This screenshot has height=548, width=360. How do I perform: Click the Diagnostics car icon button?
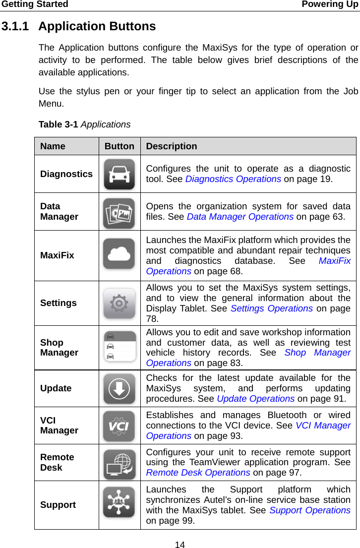pyautogui.click(x=119, y=174)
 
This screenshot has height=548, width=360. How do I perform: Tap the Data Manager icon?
pyautogui.click(x=119, y=213)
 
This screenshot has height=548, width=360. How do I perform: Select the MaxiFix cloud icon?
pyautogui.click(x=119, y=254)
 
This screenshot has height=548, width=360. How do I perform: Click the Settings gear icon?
pyautogui.click(x=119, y=303)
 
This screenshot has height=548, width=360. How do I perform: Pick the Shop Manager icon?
pyautogui.click(x=119, y=346)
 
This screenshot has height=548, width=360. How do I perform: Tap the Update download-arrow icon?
pyautogui.click(x=119, y=389)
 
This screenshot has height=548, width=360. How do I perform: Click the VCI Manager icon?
pyautogui.click(x=119, y=426)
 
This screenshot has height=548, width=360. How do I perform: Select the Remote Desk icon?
pyautogui.click(x=119, y=465)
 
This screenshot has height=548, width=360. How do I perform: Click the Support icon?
pyautogui.click(x=119, y=502)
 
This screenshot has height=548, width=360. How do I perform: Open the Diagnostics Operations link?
pyautogui.click(x=233, y=179)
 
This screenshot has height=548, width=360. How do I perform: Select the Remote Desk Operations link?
pyautogui.click(x=198, y=473)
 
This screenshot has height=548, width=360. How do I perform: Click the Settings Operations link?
pyautogui.click(x=271, y=308)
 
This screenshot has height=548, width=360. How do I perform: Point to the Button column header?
pyautogui.click(x=119, y=146)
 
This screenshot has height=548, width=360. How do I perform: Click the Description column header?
pyautogui.click(x=172, y=146)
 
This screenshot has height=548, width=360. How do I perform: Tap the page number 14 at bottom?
pyautogui.click(x=180, y=545)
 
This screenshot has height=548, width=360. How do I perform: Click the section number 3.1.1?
pyautogui.click(x=16, y=26)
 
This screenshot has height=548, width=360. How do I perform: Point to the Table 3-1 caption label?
pyautogui.click(x=58, y=124)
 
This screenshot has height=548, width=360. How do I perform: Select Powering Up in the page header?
pyautogui.click(x=329, y=4)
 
